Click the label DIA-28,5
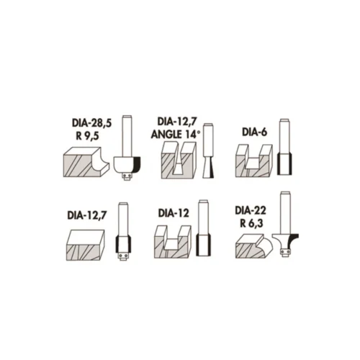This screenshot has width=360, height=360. (91, 123)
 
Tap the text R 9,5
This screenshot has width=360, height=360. (88, 136)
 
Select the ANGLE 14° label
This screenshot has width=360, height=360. (176, 135)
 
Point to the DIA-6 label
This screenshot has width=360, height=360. (254, 132)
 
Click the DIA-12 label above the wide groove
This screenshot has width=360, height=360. (174, 213)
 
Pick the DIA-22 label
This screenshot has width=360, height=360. (251, 210)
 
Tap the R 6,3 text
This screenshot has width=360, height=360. (251, 223)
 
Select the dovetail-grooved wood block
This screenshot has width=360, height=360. (179, 160)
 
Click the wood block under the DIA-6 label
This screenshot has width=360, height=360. (254, 161)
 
